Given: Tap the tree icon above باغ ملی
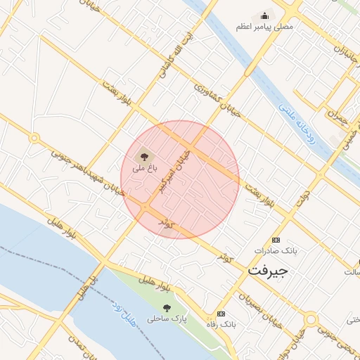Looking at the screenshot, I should click(x=143, y=155).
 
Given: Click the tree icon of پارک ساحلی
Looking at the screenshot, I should click(x=167, y=307).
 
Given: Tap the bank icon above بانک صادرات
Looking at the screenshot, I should click(x=275, y=239).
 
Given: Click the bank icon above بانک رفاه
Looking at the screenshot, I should click(x=221, y=314).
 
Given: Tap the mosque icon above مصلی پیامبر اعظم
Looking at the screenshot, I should click(x=265, y=15).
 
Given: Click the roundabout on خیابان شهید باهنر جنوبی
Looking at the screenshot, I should click(x=34, y=138).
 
